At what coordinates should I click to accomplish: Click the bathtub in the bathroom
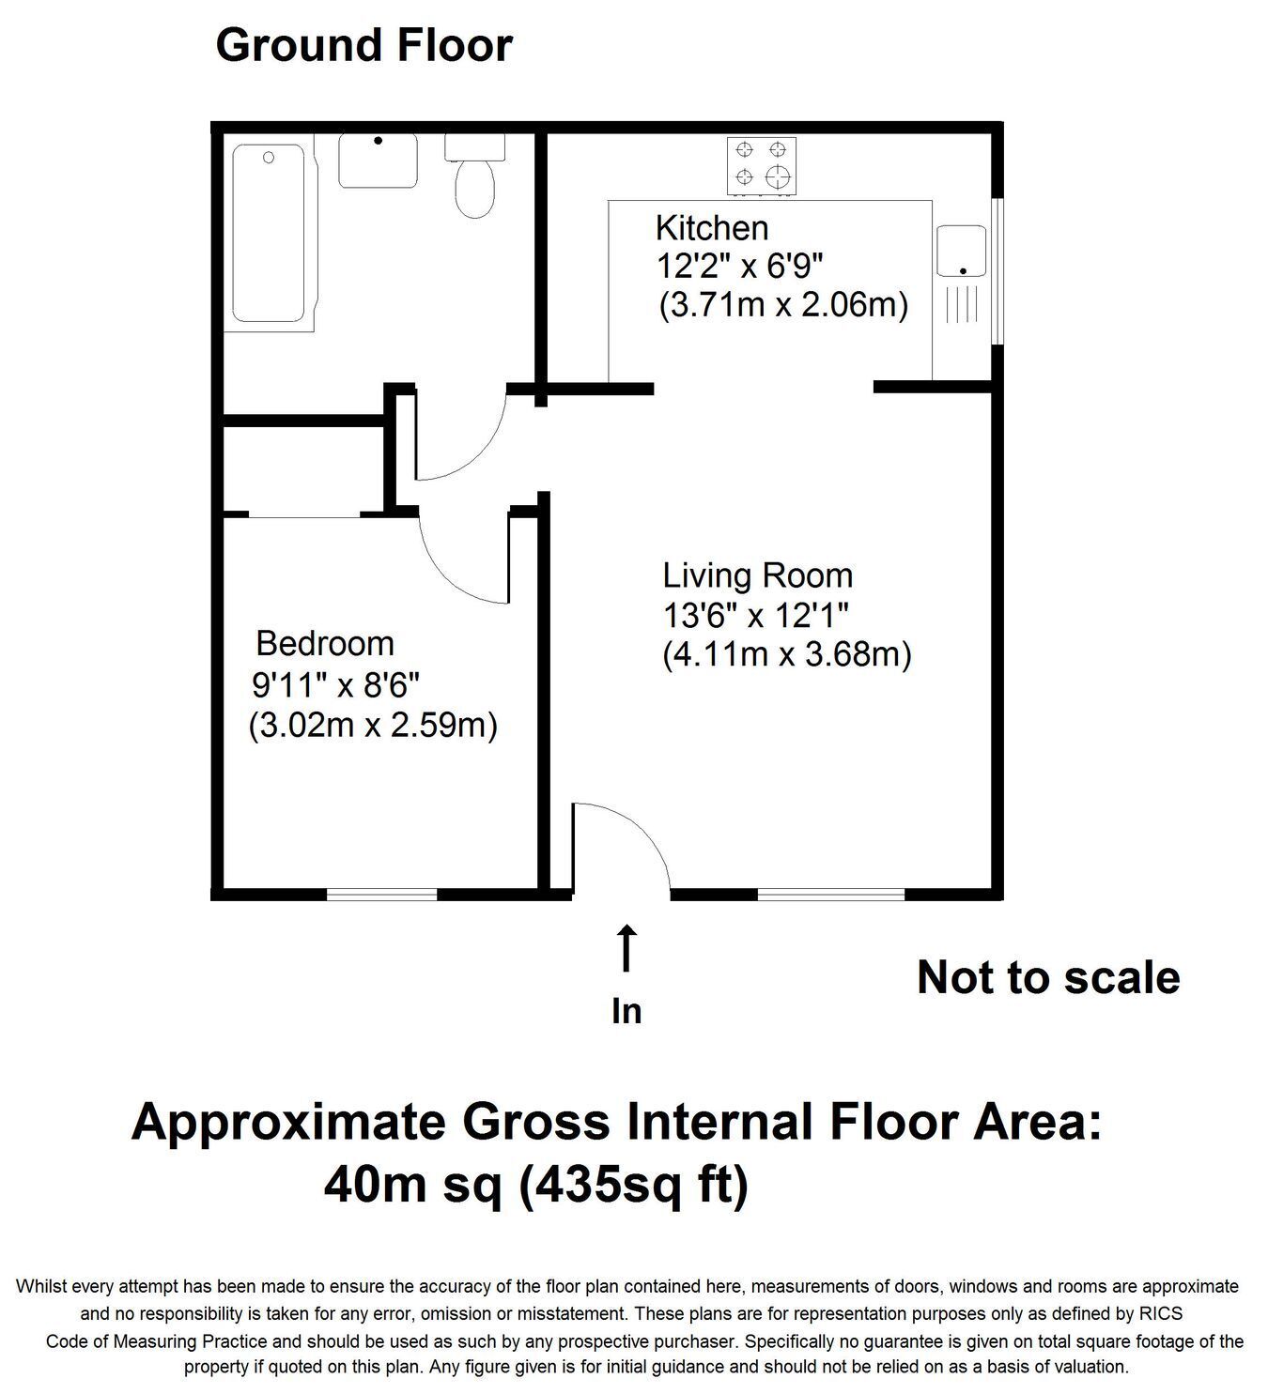pyautogui.click(x=269, y=233)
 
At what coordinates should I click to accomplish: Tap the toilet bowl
pyautogui.click(x=475, y=189)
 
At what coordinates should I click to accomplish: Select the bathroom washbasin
pyautogui.click(x=378, y=160)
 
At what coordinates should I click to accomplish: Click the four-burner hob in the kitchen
pyautogui.click(x=762, y=166)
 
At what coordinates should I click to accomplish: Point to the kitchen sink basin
pyautogui.click(x=961, y=251)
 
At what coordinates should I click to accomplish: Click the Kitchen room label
pyautogui.click(x=712, y=228)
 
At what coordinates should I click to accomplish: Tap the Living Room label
pyautogui.click(x=757, y=575)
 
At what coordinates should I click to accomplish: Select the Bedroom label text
pyautogui.click(x=325, y=643)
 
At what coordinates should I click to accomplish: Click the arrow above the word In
pyautogui.click(x=626, y=947)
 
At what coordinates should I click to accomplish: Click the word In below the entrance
pyautogui.click(x=626, y=1011)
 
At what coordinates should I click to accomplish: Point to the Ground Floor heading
pyautogui.click(x=363, y=45)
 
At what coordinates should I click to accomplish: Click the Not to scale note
pyautogui.click(x=1048, y=978)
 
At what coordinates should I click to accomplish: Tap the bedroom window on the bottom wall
pyautogui.click(x=382, y=895)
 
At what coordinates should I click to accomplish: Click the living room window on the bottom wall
pyautogui.click(x=830, y=895)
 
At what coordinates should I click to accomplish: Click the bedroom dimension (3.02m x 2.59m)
pyautogui.click(x=373, y=726)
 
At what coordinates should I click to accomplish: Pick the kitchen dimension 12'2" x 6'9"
pyautogui.click(x=739, y=266)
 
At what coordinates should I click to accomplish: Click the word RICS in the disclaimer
pyautogui.click(x=1160, y=1313)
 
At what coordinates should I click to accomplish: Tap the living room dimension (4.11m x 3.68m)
pyautogui.click(x=787, y=654)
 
